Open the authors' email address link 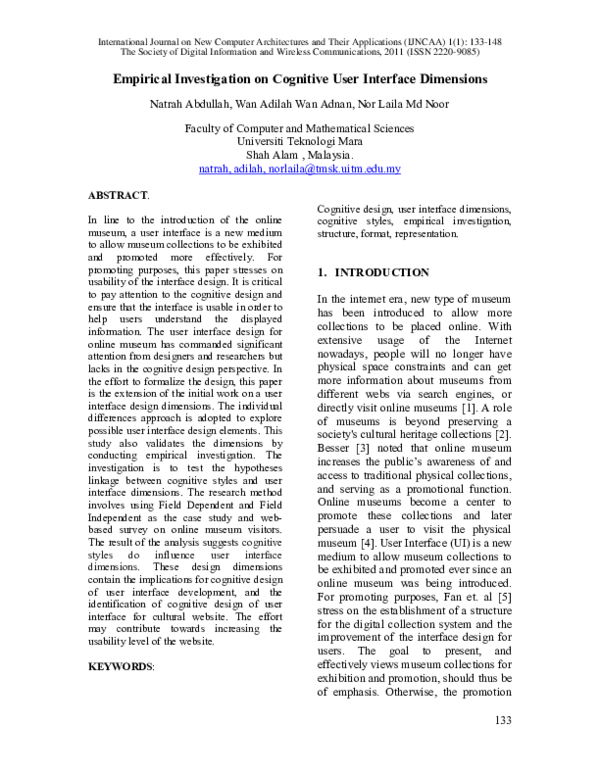point(300,169)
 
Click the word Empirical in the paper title point(151,78)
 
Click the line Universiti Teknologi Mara point(300,141)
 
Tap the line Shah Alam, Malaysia point(300,155)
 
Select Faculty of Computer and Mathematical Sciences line point(300,128)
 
